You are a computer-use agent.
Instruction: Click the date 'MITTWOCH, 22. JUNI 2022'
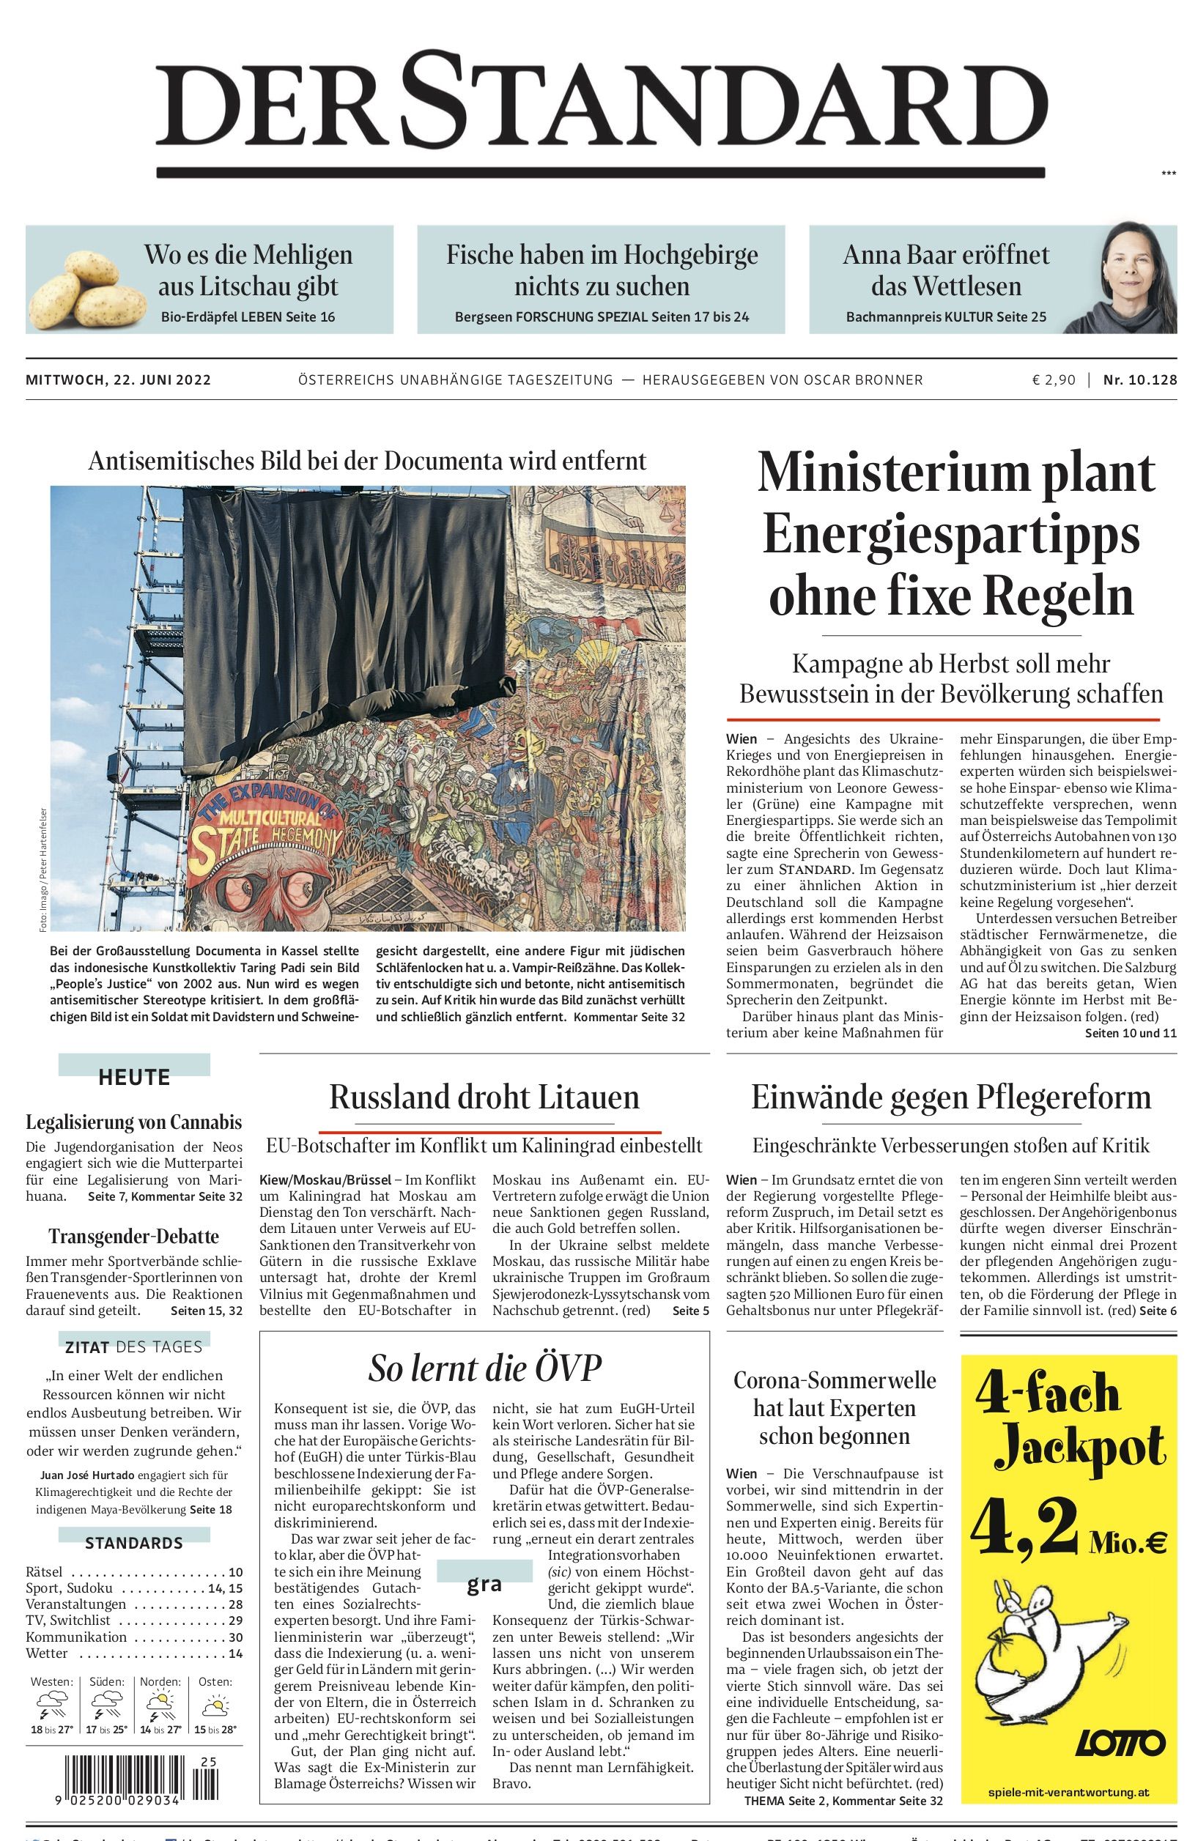(118, 379)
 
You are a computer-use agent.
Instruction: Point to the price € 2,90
(1054, 379)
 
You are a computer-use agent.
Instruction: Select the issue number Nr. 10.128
(1140, 379)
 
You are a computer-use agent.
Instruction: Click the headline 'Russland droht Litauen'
(484, 1097)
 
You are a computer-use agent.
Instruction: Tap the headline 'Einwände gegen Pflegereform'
(951, 1097)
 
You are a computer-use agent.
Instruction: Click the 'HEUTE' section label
(134, 1078)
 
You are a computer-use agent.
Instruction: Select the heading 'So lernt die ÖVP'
(484, 1368)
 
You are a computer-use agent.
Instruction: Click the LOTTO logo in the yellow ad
(1120, 1742)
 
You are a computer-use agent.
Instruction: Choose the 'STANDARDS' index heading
(134, 1543)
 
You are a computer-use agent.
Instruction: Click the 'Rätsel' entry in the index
(45, 1572)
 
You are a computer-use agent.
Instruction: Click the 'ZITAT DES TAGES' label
(134, 1347)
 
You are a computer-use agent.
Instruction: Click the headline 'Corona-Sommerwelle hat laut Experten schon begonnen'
(834, 1408)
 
